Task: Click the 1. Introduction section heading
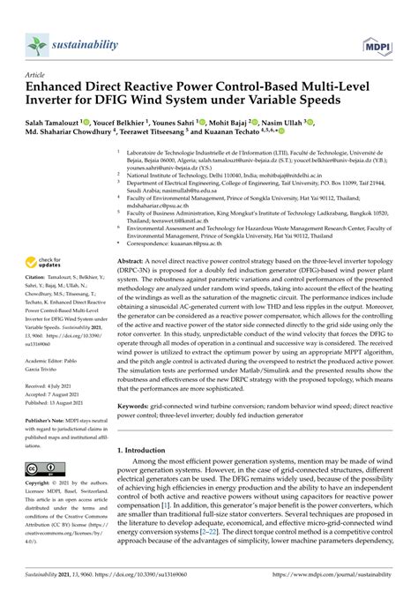click(149, 449)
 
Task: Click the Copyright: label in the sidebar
click(41, 484)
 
